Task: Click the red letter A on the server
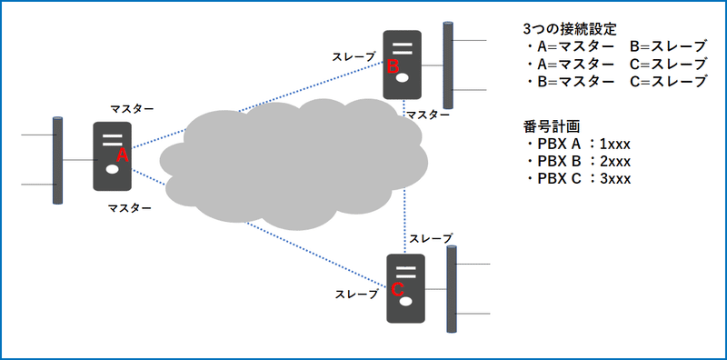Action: pos(124,156)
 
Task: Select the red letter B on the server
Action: pos(393,66)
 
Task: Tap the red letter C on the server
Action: pos(397,289)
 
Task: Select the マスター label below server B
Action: pos(427,115)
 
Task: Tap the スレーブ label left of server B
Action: pos(354,56)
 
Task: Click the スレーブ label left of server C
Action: pos(357,294)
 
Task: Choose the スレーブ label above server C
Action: pos(431,238)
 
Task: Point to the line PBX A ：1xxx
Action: pos(577,145)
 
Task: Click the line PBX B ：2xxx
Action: pos(577,162)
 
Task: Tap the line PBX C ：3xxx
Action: pos(577,178)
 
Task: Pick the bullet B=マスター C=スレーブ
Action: pos(615,80)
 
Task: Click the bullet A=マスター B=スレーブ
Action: pos(615,47)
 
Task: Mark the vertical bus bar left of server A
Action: pos(57,161)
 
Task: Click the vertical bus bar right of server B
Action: pos(447,62)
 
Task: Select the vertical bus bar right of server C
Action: pos(451,288)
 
